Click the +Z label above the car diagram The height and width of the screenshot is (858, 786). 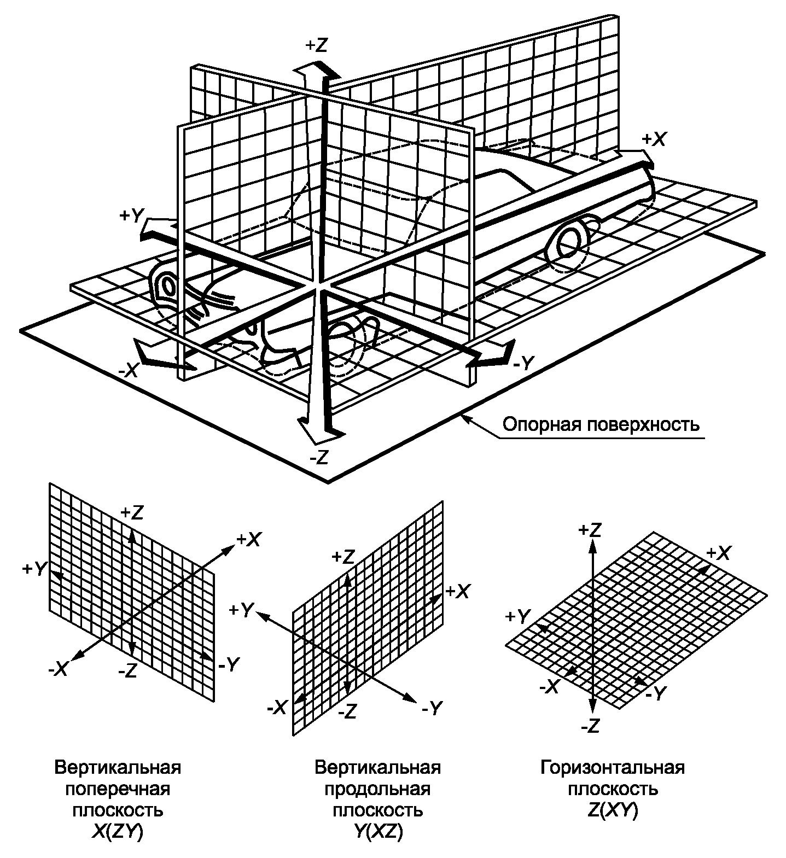point(317,45)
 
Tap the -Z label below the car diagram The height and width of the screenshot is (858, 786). point(318,457)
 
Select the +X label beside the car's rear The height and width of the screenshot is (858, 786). point(654,139)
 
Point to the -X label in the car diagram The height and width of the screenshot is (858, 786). point(129,371)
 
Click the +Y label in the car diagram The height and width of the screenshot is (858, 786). point(131,216)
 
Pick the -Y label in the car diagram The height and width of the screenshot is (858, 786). point(523,363)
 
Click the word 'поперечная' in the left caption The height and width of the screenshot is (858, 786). point(118,790)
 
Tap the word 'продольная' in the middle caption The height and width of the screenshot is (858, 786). point(377,790)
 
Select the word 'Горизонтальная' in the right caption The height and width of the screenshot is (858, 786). point(613,768)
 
